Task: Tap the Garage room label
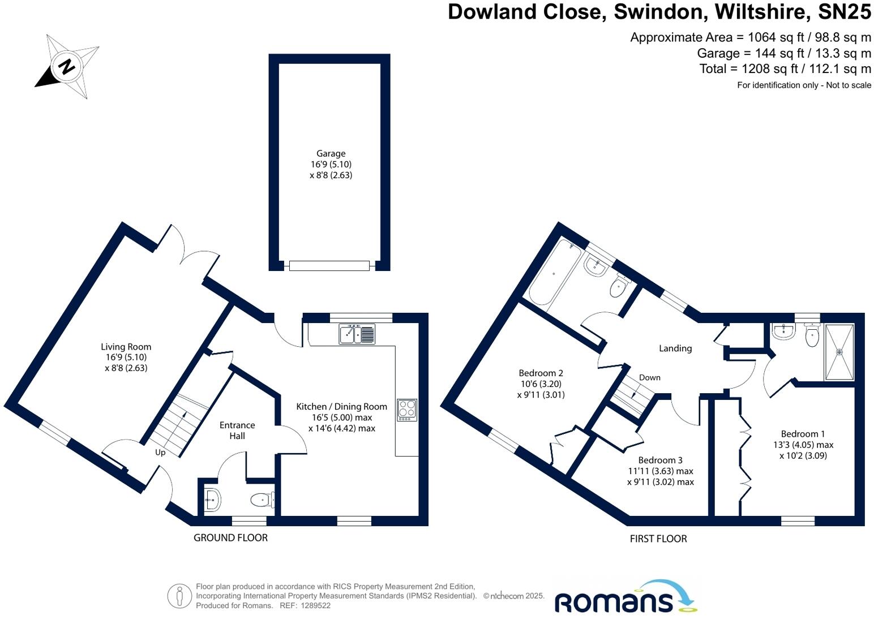click(331, 153)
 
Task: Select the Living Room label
click(126, 347)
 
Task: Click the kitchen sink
click(357, 334)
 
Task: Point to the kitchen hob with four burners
click(407, 410)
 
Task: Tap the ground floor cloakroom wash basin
click(212, 500)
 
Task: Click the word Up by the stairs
click(160, 453)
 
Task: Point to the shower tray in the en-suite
click(839, 352)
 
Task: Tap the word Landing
click(675, 348)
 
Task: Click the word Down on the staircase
click(649, 377)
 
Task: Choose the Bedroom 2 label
click(541, 373)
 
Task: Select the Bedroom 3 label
click(660, 460)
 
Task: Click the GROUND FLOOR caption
click(230, 537)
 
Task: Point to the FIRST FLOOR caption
click(658, 539)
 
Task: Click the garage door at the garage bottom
click(329, 265)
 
